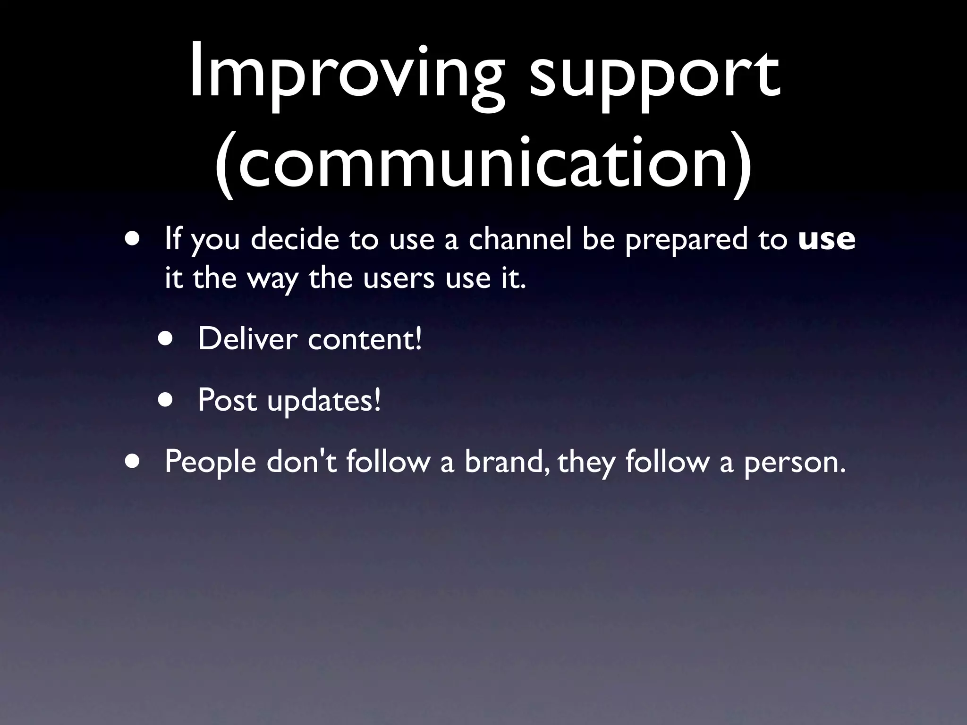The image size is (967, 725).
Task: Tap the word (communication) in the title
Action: [483, 163]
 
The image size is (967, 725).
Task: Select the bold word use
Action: [826, 239]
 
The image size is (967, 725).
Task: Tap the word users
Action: [399, 278]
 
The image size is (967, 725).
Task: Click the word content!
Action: [365, 339]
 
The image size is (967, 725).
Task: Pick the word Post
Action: [227, 400]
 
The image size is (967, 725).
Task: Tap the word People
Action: [210, 462]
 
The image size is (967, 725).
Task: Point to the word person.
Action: [794, 463]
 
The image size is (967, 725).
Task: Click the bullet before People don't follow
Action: [133, 461]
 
